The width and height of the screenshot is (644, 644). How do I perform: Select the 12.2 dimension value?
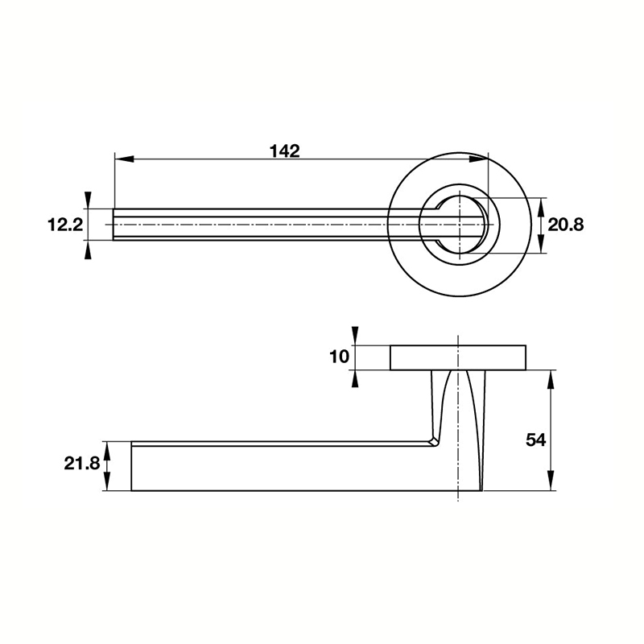click(65, 225)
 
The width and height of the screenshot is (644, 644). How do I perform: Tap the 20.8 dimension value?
click(565, 225)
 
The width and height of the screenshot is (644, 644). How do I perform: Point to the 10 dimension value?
click(340, 356)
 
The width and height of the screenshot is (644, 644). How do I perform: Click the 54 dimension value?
click(535, 440)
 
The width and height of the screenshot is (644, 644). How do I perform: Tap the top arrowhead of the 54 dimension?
click(551, 378)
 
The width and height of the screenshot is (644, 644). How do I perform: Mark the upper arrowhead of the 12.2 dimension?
click(88, 200)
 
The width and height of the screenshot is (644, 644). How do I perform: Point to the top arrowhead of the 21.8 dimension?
click(108, 449)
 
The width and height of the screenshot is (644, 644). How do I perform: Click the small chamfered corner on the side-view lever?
click(435, 440)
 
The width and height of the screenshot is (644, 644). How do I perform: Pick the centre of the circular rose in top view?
click(459, 225)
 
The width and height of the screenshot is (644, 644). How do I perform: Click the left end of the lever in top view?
click(115, 225)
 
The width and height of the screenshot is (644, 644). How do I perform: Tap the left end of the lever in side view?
click(133, 467)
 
